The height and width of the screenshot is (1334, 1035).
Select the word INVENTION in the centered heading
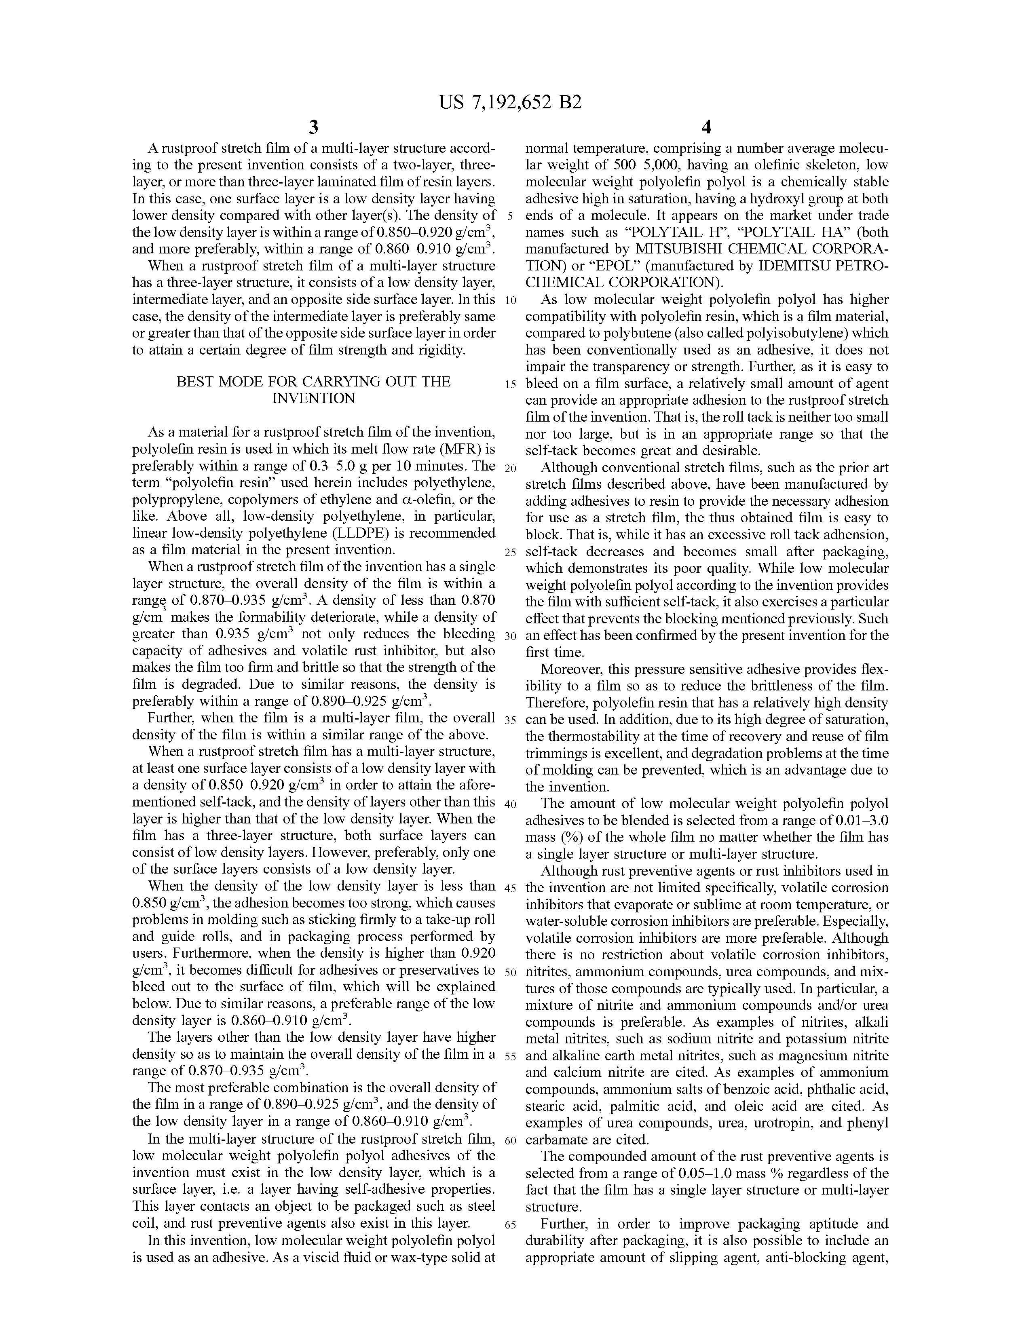[313, 399]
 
